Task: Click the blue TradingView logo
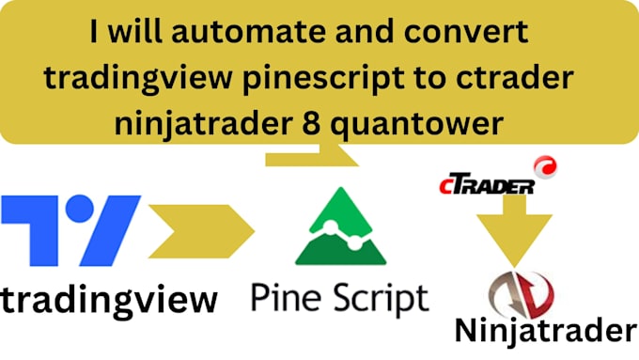(x=70, y=229)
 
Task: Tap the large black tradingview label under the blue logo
(x=109, y=300)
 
